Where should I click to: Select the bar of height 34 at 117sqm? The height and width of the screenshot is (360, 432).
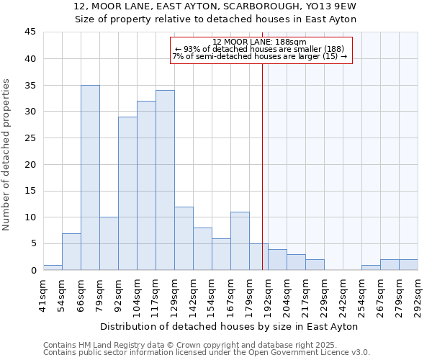[165, 180]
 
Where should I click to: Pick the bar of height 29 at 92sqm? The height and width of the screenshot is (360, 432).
[127, 194]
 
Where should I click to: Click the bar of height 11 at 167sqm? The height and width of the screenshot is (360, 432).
[240, 241]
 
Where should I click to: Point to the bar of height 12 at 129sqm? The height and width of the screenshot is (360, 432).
[184, 238]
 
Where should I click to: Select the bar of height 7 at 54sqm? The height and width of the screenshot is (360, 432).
[71, 252]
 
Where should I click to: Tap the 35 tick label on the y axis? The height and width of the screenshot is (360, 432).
[30, 85]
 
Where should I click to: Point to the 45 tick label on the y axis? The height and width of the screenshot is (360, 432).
[30, 32]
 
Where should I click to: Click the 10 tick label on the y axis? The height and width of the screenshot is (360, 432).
[30, 217]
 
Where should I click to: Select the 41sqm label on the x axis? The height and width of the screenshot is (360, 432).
[43, 294]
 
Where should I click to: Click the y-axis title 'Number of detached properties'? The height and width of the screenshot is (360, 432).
[6, 156]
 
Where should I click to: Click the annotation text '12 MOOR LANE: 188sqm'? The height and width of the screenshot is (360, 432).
[260, 42]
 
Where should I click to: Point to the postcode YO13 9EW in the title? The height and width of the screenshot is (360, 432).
[330, 6]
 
